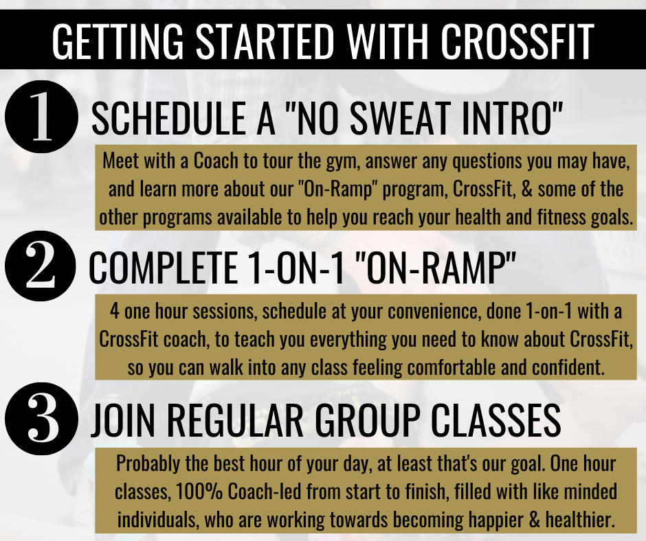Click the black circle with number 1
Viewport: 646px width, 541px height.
41,117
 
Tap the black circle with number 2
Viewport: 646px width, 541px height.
41,266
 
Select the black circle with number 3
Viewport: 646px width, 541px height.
41,418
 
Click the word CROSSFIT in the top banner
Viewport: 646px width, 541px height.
517,41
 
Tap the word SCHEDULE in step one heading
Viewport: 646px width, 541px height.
168,118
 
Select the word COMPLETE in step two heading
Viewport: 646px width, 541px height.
163,267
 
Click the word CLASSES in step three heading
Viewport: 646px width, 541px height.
495,420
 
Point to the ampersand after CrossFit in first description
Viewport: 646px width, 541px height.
527,189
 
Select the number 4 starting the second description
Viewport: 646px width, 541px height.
115,311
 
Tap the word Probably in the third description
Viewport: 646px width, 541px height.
148,464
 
